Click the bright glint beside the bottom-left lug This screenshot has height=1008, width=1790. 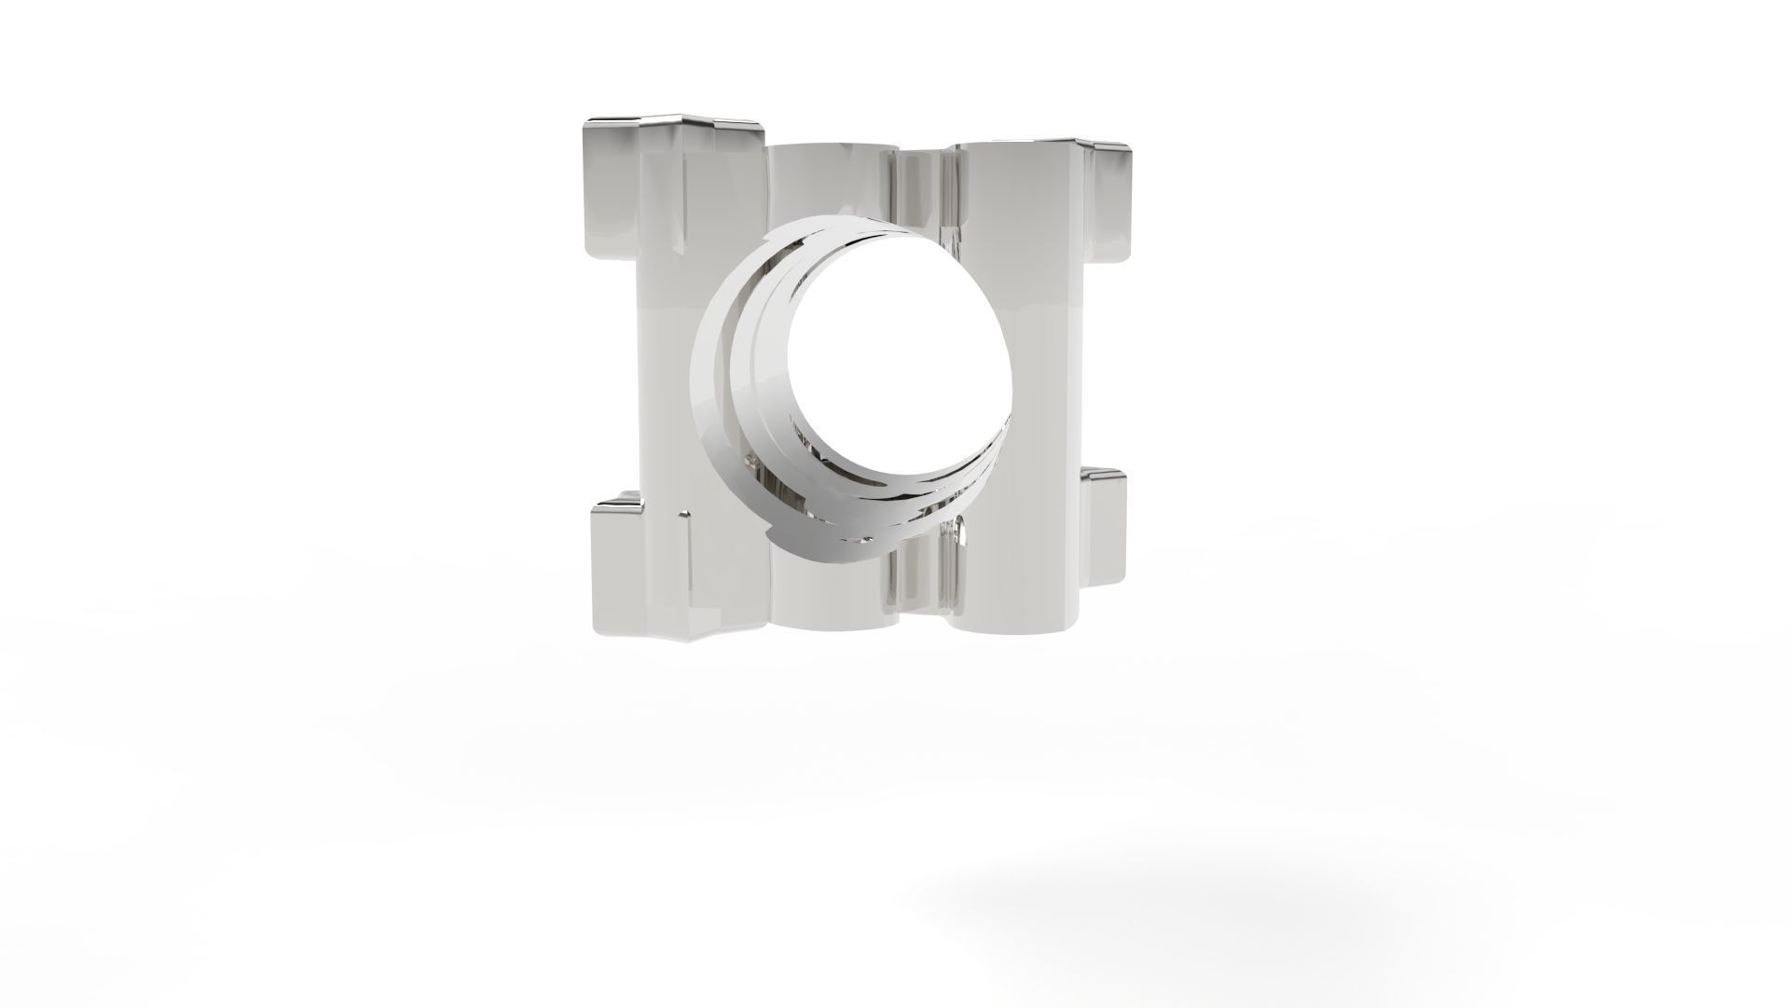687,514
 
